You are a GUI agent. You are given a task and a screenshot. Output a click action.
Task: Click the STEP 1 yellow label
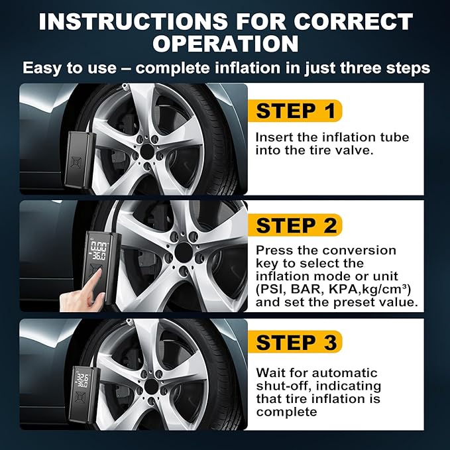[x=295, y=111]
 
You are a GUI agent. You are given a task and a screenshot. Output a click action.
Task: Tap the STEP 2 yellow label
[x=295, y=225]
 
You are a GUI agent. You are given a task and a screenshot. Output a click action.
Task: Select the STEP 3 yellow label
[x=295, y=342]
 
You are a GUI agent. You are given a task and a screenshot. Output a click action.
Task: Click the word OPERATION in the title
[x=225, y=44]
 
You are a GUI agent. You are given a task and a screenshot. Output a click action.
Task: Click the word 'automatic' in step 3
[x=345, y=373]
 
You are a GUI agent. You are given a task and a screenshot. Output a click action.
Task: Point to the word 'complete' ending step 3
[x=286, y=412]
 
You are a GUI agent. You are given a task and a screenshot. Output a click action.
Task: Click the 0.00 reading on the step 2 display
[x=99, y=247]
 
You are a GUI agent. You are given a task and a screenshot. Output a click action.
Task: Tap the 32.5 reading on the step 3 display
[x=82, y=377]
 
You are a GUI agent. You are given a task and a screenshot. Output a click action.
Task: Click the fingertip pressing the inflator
[x=98, y=272]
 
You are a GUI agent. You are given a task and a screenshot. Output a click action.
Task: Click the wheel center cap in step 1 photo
[x=147, y=151]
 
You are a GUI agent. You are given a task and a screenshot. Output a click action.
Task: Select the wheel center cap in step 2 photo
[x=183, y=253]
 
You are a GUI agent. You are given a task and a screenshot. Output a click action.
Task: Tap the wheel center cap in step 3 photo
[x=151, y=386]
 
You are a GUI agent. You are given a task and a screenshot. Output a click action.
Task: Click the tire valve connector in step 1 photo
[x=125, y=87]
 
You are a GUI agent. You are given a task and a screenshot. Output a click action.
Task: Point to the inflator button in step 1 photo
[x=76, y=162]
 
